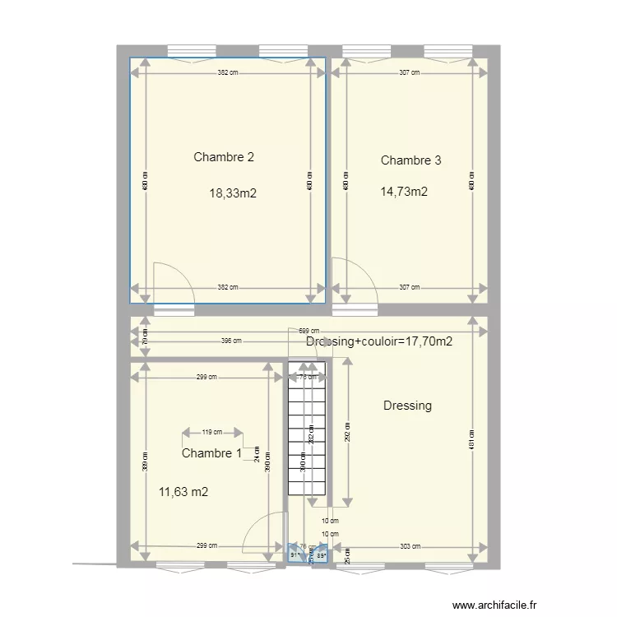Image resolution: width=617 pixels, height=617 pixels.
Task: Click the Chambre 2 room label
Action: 223,157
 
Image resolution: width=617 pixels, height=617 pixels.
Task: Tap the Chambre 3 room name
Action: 411,160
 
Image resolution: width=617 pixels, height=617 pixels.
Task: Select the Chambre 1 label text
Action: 211,453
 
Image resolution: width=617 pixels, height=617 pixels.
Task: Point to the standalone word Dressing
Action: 407,406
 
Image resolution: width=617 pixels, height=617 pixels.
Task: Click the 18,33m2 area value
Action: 233,194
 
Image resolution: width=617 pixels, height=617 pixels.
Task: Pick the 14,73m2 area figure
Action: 404,193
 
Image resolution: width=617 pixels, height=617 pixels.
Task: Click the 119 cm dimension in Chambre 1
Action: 211,431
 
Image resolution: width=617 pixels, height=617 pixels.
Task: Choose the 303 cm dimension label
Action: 409,546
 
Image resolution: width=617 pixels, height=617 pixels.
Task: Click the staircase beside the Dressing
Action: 306,436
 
